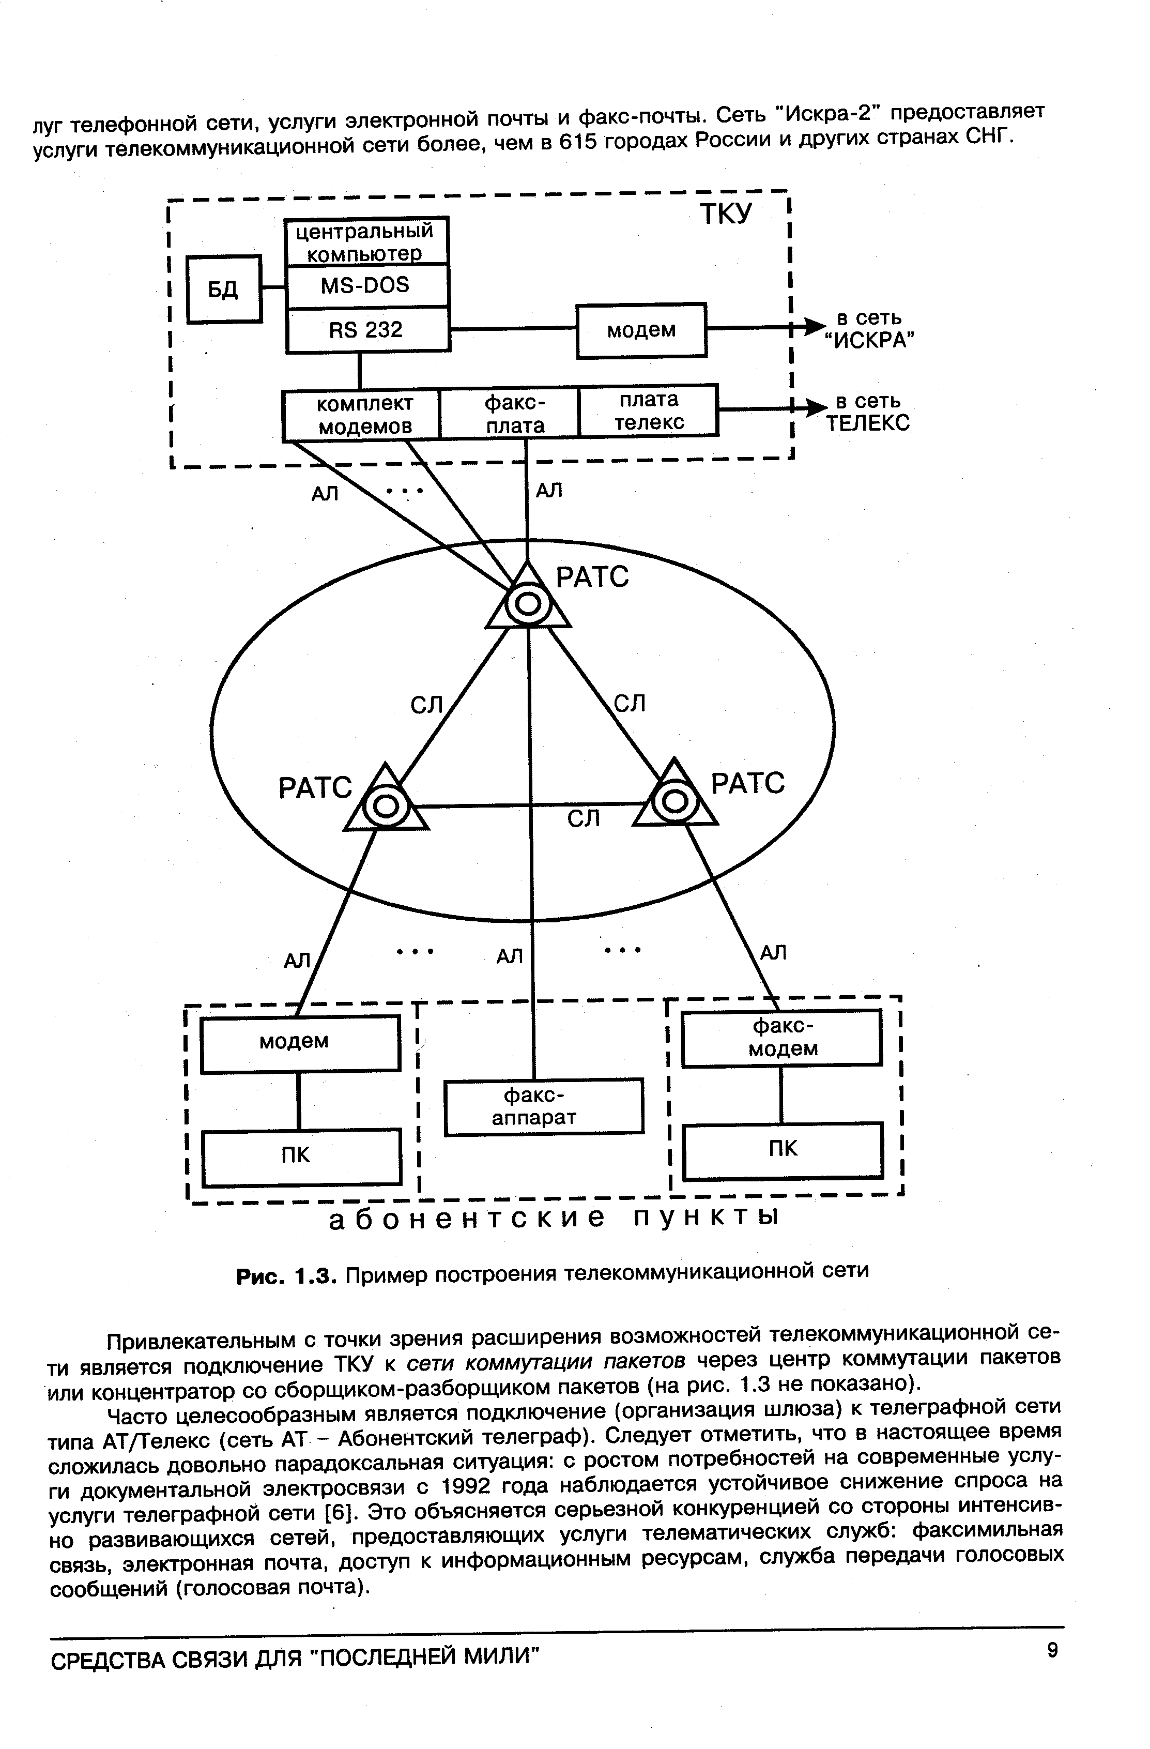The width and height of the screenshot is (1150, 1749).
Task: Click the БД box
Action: coord(224,289)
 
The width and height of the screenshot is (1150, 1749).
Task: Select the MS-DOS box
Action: coord(366,285)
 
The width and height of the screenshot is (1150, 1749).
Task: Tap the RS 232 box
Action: coord(366,329)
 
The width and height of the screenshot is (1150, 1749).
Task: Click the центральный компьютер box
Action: coord(366,241)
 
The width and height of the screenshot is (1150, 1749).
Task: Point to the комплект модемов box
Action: coord(361,415)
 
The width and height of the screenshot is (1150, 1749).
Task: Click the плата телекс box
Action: coord(648,411)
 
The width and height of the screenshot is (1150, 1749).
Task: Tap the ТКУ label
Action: coord(725,214)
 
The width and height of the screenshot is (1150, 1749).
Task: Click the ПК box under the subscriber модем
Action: coord(301,1158)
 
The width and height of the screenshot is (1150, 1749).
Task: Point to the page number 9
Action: coord(1053,1651)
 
